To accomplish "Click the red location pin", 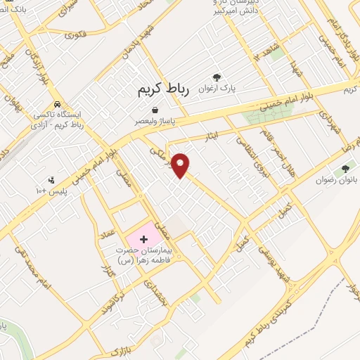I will pos(182,164).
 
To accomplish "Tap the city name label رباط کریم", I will pos(161,90).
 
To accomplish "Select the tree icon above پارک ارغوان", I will pos(217,78).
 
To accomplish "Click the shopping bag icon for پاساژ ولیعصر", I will pos(155,110).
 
